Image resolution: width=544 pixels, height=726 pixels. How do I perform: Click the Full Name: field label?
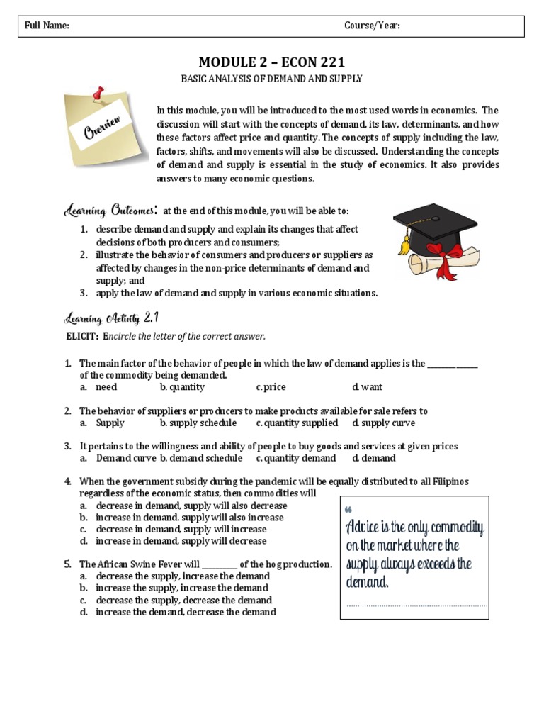click(47, 26)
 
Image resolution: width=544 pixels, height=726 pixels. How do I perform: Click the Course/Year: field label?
click(372, 26)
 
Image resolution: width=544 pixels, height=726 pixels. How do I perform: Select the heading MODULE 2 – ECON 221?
click(271, 62)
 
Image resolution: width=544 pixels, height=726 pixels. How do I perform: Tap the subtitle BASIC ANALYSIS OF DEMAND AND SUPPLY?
click(271, 79)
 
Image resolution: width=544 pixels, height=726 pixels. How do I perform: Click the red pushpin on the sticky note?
click(96, 94)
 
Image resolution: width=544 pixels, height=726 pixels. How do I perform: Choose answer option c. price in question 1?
click(271, 387)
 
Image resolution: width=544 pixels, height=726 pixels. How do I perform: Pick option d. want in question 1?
click(368, 387)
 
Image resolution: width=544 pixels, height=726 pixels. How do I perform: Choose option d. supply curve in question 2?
click(383, 423)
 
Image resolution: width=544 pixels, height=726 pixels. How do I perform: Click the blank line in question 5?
click(220, 565)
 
